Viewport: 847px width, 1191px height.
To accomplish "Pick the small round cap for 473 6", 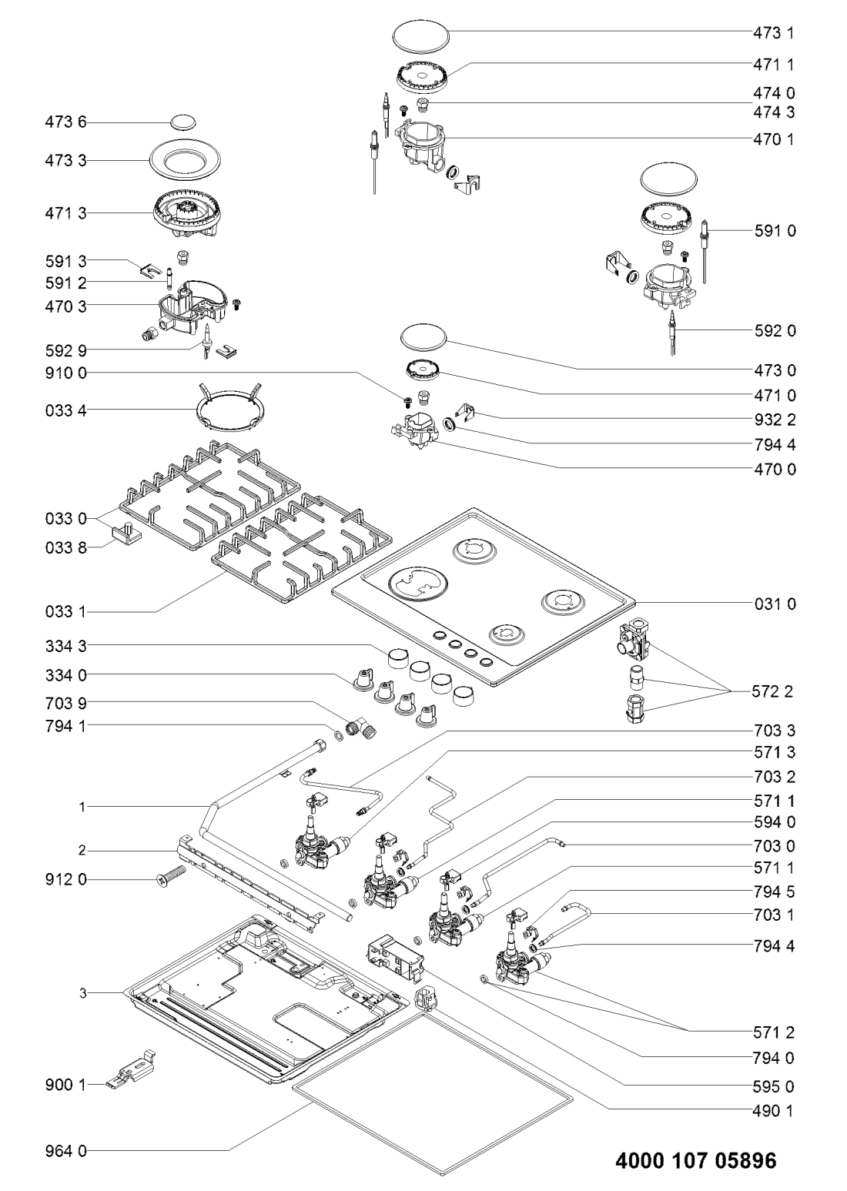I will point(183,122).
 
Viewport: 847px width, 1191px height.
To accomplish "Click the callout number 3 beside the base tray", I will point(82,993).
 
